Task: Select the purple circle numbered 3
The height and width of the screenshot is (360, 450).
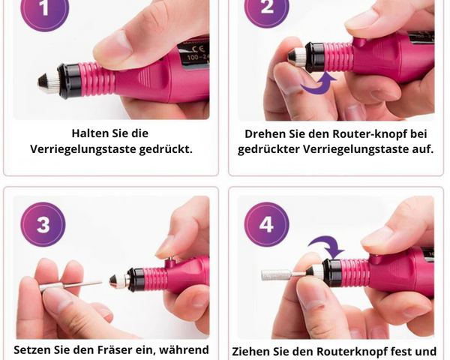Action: [x=43, y=224]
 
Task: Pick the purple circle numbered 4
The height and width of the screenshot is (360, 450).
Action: [x=266, y=224]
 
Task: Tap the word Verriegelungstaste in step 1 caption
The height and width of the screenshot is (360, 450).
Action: [x=83, y=149]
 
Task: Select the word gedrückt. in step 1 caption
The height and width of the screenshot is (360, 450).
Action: [x=166, y=149]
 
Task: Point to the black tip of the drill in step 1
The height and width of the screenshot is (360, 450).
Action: [x=43, y=82]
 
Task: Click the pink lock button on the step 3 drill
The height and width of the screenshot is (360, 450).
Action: [x=170, y=262]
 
